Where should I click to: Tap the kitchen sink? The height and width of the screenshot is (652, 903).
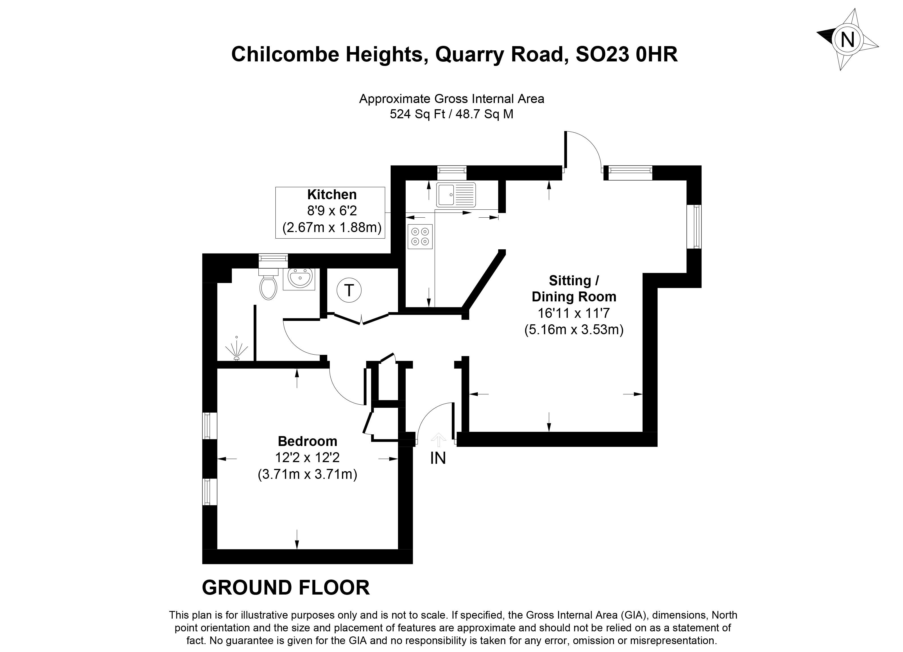click(456, 195)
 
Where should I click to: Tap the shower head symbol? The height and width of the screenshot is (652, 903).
click(236, 350)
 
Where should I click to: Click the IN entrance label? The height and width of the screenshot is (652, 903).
click(438, 458)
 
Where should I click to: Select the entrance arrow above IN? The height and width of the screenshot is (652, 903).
click(438, 439)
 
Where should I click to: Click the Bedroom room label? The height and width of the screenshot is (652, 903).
click(307, 441)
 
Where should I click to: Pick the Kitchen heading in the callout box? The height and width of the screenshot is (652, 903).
click(332, 195)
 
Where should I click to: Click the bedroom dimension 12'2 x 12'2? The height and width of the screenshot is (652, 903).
click(307, 458)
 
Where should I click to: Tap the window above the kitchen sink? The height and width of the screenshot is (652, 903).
click(451, 172)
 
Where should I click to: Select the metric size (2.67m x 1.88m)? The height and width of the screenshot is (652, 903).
click(332, 228)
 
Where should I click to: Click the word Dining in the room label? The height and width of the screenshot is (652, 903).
click(555, 297)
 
